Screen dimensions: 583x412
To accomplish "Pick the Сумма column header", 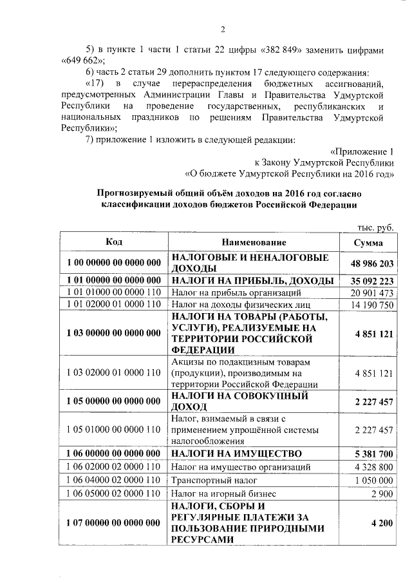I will click(x=369, y=242).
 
